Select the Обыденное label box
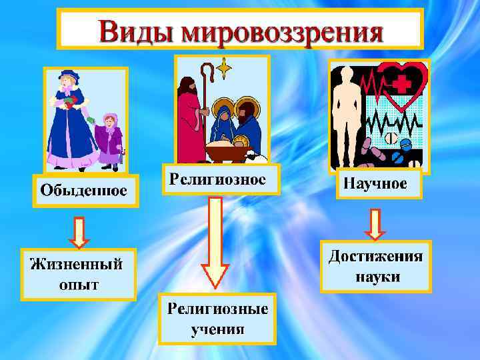[84, 191]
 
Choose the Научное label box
[376, 183]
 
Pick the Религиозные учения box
[217, 319]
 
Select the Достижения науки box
[376, 267]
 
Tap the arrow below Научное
[375, 224]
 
